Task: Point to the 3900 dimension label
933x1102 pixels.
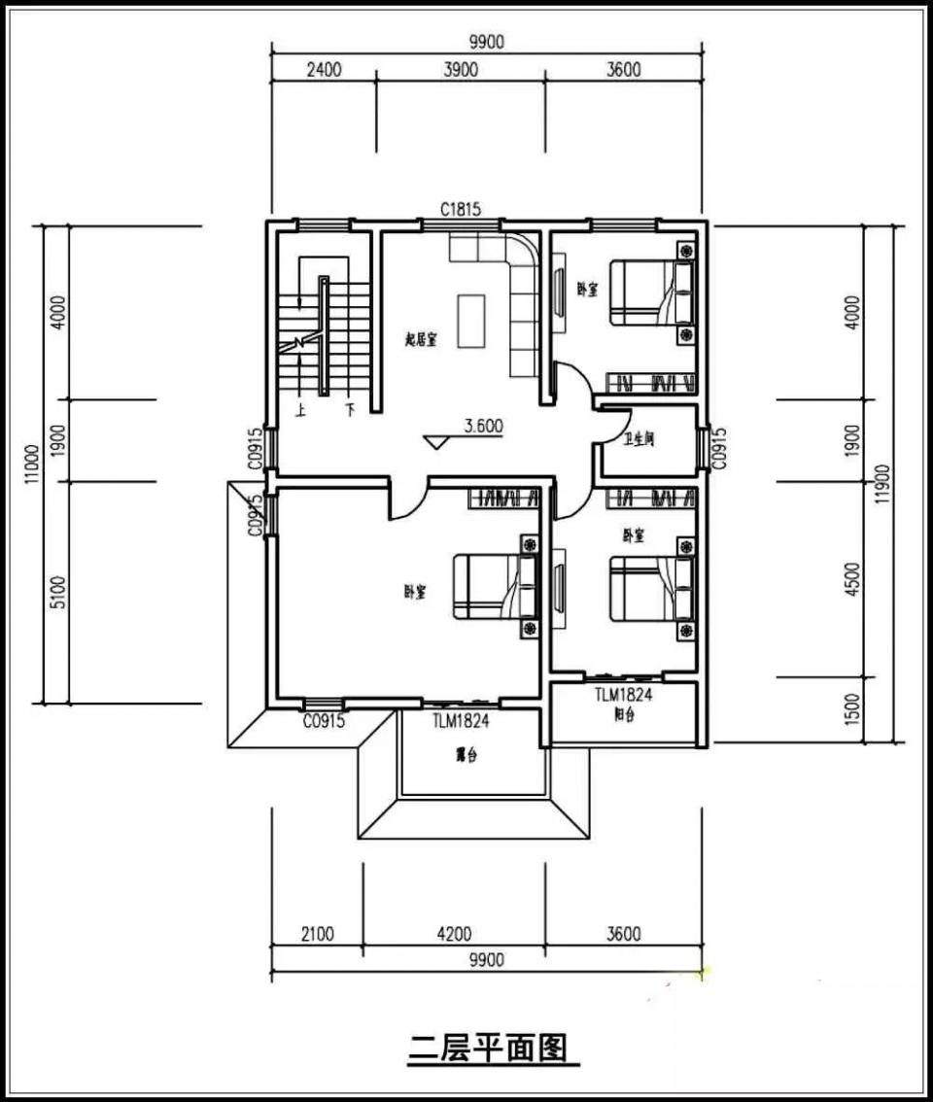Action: point(460,69)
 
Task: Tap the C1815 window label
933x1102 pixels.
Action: point(460,209)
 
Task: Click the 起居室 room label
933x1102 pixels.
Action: point(421,339)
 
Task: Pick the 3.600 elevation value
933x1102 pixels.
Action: point(483,426)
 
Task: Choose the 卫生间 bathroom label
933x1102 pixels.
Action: point(639,439)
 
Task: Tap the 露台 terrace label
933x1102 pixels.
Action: point(469,755)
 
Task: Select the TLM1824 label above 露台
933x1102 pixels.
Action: point(460,722)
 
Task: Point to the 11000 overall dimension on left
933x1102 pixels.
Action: point(33,463)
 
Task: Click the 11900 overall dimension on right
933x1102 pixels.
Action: point(881,483)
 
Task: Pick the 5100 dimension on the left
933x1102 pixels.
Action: point(57,591)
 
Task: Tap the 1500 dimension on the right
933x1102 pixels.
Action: point(853,708)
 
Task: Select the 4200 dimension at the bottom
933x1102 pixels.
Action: point(453,935)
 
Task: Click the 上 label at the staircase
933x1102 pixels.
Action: point(301,410)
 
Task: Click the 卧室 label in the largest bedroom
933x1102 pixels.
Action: point(415,591)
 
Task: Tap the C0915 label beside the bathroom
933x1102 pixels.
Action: point(719,447)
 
